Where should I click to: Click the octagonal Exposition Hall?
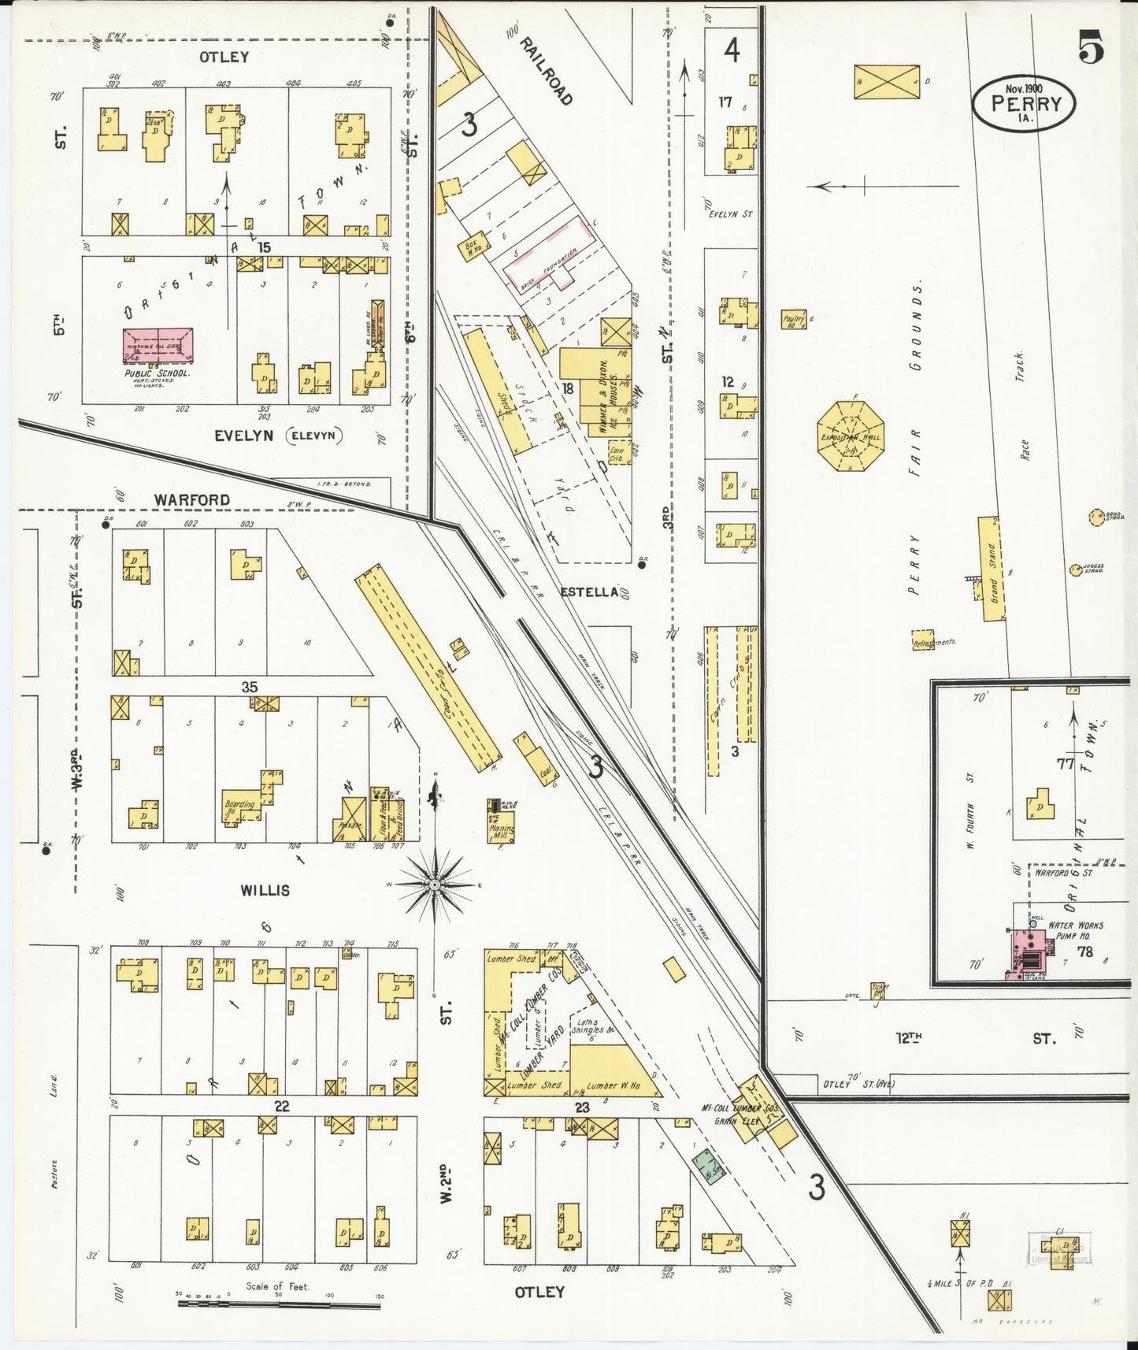coord(851,436)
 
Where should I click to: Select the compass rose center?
coord(434,885)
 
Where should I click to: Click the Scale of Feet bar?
coord(279,1304)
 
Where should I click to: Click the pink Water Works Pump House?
coord(1030,953)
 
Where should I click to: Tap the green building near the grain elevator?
coord(708,1166)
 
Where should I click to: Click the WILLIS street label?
coord(265,890)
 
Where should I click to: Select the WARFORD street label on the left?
coord(192,499)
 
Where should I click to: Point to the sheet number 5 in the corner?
coord(1091,47)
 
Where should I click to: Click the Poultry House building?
coord(794,319)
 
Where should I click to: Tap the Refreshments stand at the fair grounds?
coord(923,640)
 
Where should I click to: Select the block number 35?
coord(249,687)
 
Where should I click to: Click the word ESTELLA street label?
coord(589,592)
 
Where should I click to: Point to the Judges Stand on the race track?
coord(1077,569)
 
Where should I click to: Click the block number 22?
coord(282,1106)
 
